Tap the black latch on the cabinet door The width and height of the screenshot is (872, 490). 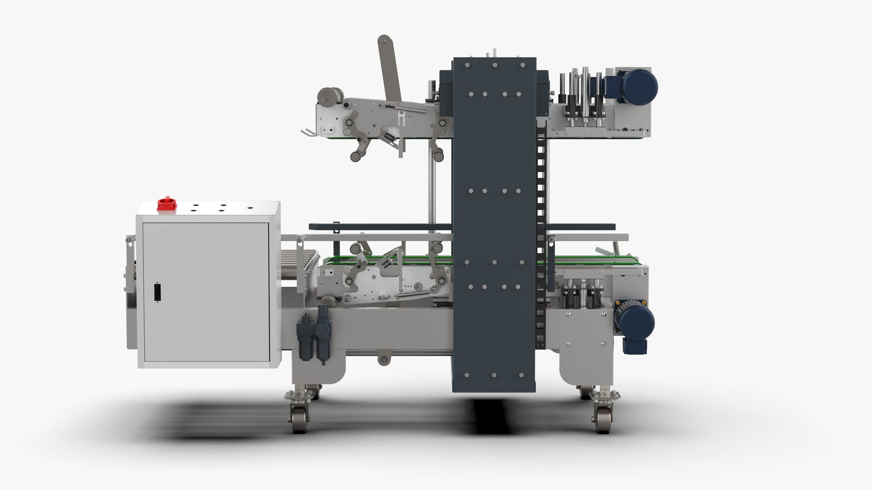coord(158,292)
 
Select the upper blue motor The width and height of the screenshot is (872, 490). coord(638,87)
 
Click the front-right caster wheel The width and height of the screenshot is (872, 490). coord(602,419)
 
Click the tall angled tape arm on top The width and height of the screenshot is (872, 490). coord(390,68)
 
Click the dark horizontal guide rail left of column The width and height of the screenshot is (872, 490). coord(381,226)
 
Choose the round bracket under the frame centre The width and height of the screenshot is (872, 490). coord(384,360)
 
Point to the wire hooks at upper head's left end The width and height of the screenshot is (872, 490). coord(307,132)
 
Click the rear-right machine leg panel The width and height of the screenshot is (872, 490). coord(586,345)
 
